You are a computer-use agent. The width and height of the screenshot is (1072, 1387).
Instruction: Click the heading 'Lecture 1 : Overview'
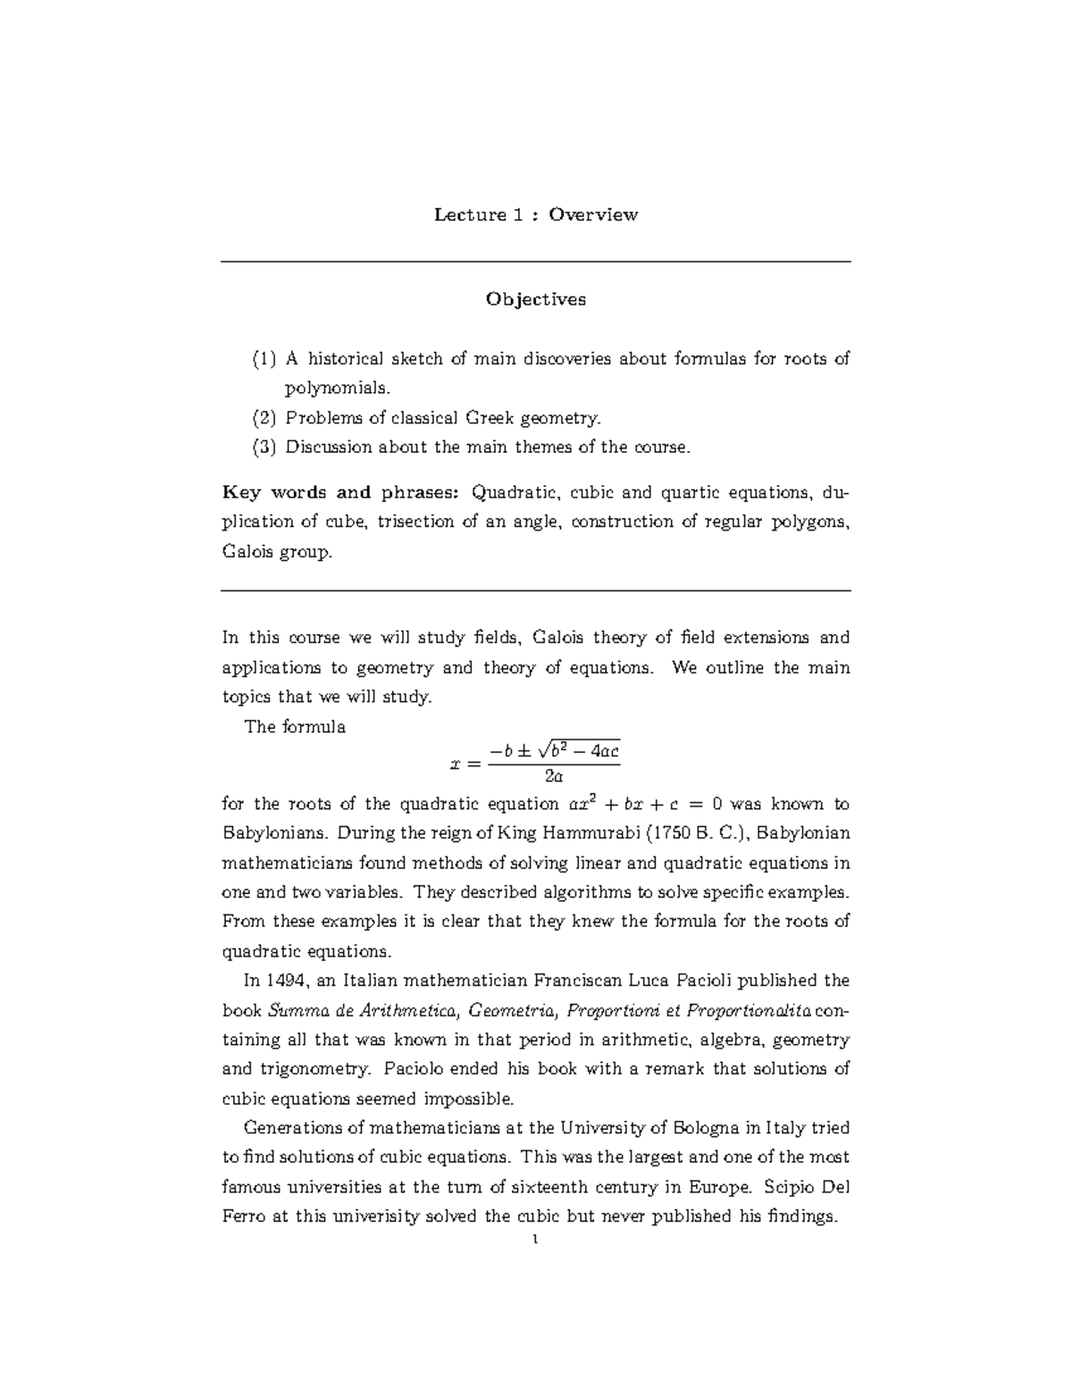(x=535, y=214)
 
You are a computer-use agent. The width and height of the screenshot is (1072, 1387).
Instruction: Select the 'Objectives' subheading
(x=535, y=299)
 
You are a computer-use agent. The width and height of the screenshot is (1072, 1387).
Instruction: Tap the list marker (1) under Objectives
(x=264, y=359)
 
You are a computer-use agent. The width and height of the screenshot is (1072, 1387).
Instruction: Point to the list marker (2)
(x=264, y=418)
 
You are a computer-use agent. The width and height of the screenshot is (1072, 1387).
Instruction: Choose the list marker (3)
(x=264, y=447)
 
